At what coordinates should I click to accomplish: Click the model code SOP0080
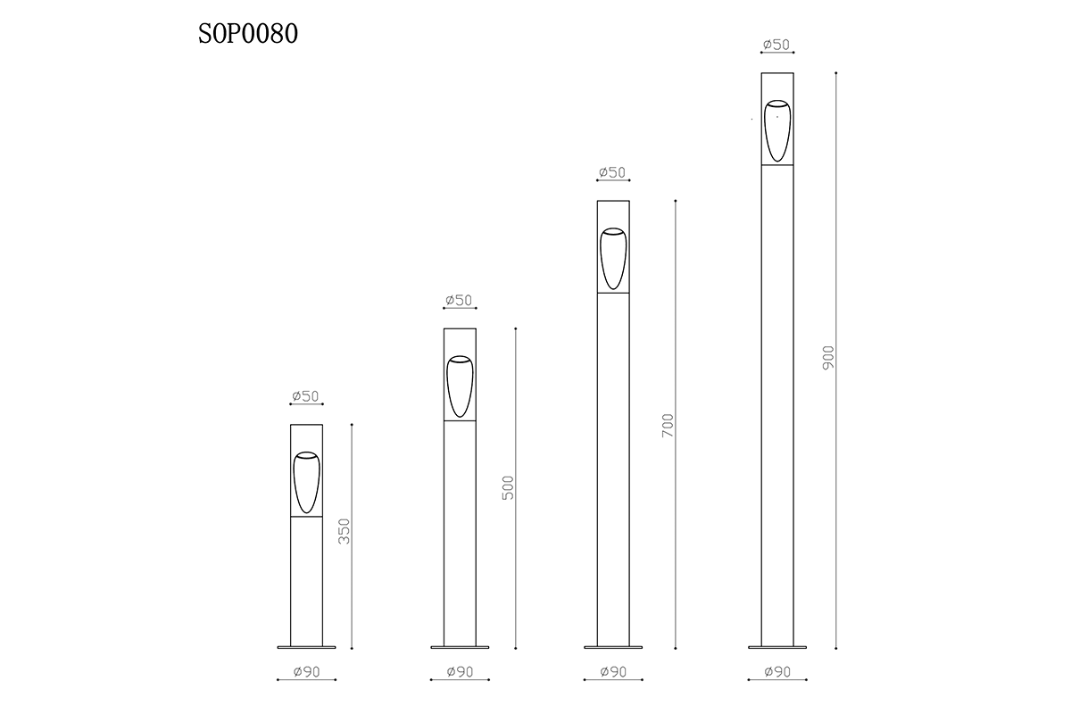(248, 34)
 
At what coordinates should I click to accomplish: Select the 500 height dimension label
(508, 487)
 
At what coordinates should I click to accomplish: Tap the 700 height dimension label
(668, 426)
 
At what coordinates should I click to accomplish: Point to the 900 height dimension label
(827, 359)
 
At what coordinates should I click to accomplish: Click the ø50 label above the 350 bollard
(305, 397)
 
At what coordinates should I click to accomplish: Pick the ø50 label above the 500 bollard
(459, 301)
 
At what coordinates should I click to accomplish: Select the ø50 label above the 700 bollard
(612, 172)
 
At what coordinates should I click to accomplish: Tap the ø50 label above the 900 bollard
(776, 45)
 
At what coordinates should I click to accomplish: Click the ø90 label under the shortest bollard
(306, 672)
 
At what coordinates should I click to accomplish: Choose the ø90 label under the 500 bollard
(459, 672)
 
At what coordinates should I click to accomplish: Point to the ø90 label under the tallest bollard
(776, 672)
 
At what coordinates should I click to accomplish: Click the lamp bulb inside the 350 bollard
(306, 483)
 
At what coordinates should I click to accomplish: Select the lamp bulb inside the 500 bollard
(460, 386)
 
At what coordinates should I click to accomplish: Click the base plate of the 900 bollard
(776, 646)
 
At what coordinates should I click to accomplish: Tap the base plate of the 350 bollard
(306, 646)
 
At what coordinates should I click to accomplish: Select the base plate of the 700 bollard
(613, 646)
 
